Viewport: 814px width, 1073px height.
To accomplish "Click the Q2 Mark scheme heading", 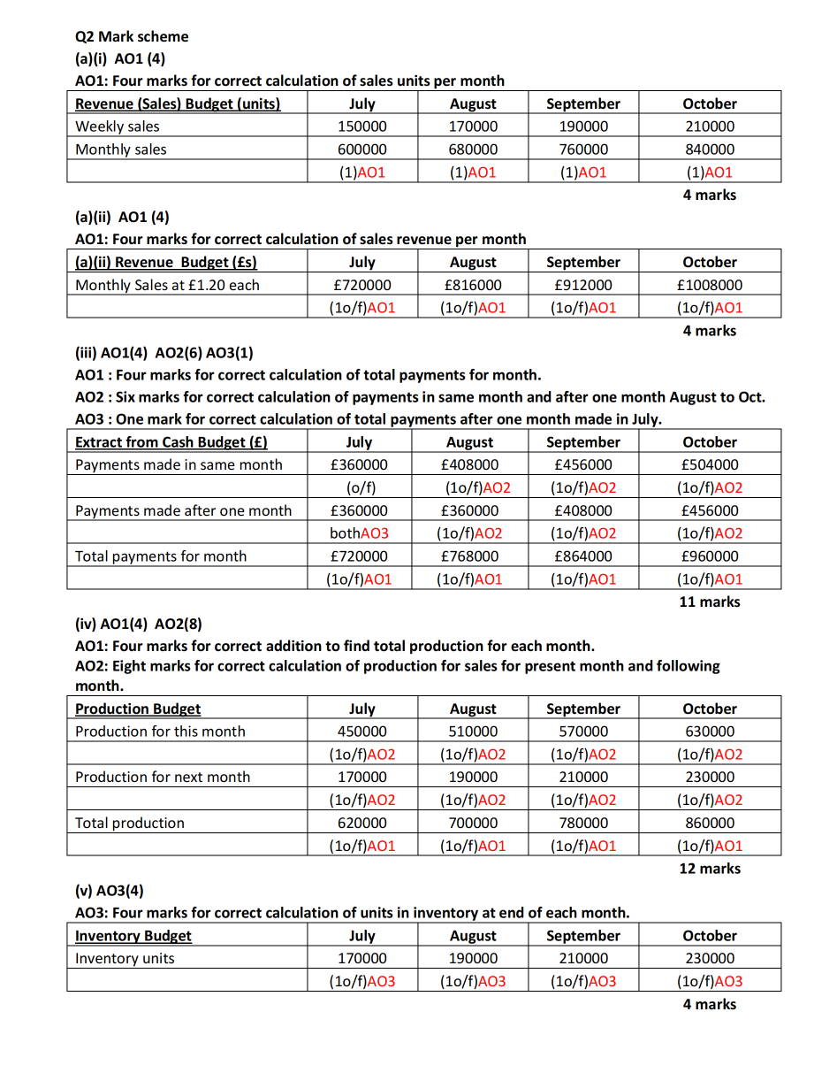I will [132, 36].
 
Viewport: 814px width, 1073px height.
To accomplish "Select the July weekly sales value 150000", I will [362, 126].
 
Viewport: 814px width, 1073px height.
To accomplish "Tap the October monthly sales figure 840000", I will [710, 149].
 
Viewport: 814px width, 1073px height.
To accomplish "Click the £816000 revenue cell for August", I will [473, 285].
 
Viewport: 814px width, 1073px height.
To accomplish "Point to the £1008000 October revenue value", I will [710, 285].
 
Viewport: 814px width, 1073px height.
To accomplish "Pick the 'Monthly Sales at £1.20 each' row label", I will [167, 285].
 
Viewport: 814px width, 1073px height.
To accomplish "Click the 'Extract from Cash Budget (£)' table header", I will [171, 442].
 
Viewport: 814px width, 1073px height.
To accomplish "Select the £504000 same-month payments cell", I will [710, 464].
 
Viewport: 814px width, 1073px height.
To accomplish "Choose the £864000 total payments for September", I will [583, 556].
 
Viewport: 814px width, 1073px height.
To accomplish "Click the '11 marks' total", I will [710, 602].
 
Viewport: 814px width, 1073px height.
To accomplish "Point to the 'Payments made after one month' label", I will [183, 510].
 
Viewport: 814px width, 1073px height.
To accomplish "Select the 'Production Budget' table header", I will [138, 709].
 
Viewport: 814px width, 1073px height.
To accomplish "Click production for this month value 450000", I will [362, 732].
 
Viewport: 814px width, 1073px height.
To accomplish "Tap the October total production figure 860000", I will [710, 823].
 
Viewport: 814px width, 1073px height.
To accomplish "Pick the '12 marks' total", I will [710, 868].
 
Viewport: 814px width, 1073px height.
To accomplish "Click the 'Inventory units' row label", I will [125, 958].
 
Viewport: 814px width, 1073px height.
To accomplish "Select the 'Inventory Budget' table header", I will [133, 936].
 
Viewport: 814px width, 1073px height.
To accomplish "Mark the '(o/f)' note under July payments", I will [362, 487].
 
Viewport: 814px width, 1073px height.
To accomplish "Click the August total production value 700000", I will [473, 823].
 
